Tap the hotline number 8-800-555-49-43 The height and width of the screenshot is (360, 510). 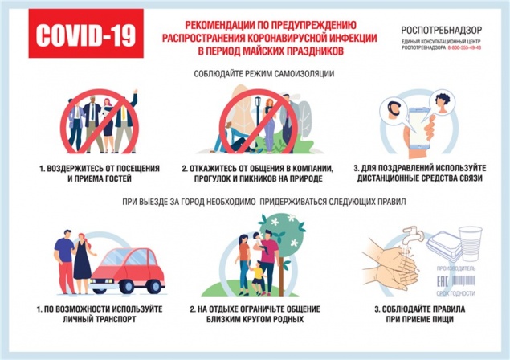(465, 48)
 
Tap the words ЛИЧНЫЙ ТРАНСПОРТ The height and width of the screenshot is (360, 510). (98, 319)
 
